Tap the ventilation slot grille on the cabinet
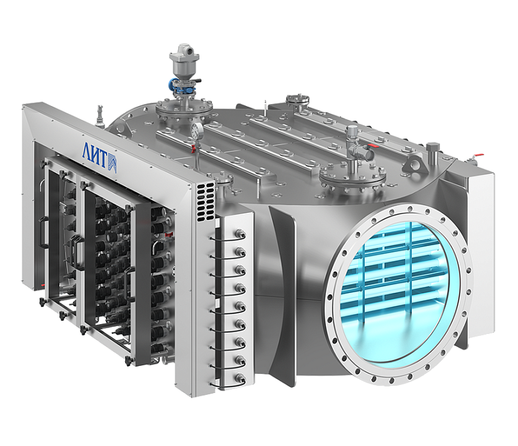205,202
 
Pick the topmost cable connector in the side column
239,235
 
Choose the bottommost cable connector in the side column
240,378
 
